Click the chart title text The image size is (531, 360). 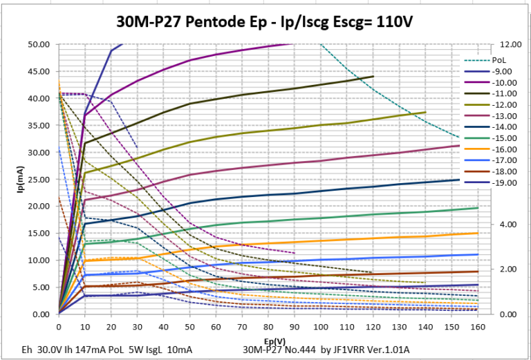(265, 21)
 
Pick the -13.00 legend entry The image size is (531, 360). (503, 115)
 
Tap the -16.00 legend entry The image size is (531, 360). (503, 149)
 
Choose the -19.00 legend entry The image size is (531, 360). (503, 182)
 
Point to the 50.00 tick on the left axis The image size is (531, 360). (39, 44)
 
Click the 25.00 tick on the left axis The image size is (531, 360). (39, 179)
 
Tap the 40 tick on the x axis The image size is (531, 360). (163, 326)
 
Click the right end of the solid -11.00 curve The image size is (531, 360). (373, 77)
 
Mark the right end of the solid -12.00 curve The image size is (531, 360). (426, 112)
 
